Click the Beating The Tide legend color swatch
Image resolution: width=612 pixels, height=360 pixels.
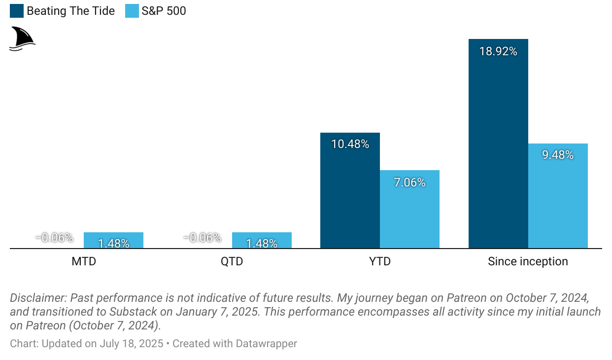(17, 11)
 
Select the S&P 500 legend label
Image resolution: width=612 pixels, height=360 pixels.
(164, 11)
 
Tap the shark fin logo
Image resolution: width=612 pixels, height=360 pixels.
(22, 39)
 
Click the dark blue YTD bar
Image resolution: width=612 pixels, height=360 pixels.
(350, 197)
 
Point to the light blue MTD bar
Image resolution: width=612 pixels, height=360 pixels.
(113, 240)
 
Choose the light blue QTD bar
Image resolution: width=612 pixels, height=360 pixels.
(262, 240)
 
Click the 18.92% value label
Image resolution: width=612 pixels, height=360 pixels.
(498, 51)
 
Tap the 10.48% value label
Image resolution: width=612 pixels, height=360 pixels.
(350, 144)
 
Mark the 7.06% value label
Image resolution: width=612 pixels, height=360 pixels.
(409, 182)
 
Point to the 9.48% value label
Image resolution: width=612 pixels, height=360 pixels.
(558, 155)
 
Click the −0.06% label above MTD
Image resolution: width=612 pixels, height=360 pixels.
(54, 238)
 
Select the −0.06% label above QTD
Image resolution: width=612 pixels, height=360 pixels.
(203, 238)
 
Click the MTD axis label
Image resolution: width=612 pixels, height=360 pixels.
(84, 261)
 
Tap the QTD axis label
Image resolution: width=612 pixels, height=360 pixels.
(232, 261)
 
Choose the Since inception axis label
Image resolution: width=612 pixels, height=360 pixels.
(528, 261)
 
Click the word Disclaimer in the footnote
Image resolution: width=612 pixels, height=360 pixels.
(37, 298)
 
